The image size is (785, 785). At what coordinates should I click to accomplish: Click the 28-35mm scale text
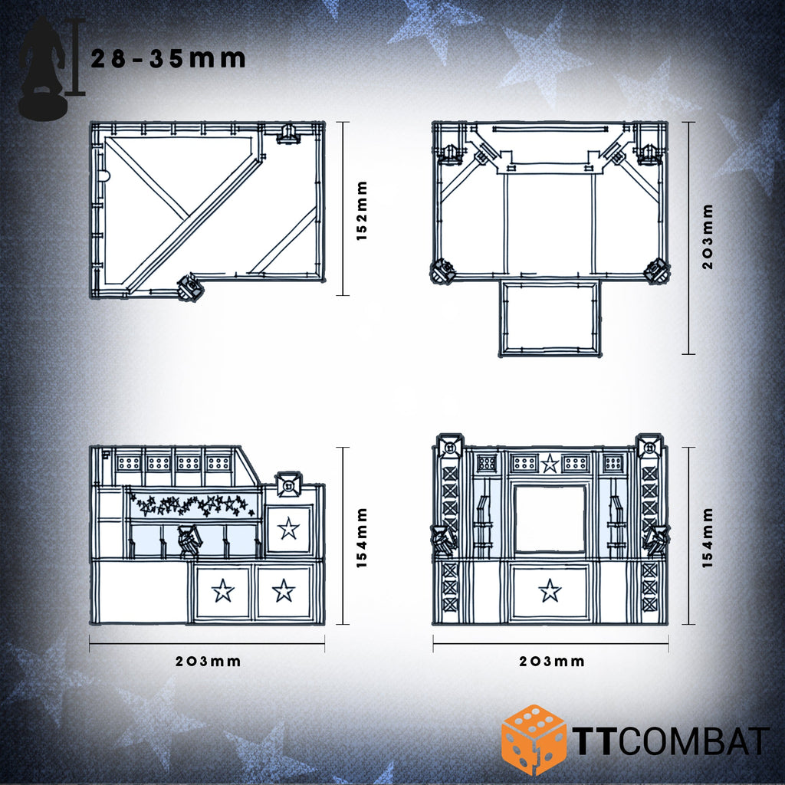[x=168, y=58]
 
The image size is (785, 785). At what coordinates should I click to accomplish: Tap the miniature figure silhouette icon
[x=43, y=67]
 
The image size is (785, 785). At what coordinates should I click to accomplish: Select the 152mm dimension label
[x=362, y=211]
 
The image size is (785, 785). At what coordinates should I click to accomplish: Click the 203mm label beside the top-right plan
[x=707, y=237]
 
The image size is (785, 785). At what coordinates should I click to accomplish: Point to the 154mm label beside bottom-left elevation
[x=362, y=537]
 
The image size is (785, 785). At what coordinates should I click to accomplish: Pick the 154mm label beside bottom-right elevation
[x=707, y=537]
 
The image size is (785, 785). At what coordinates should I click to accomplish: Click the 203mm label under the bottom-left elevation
[x=208, y=662]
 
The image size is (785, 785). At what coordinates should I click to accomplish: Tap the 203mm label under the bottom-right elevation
[x=552, y=662]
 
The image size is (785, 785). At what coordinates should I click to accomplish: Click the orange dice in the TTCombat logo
[x=534, y=741]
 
